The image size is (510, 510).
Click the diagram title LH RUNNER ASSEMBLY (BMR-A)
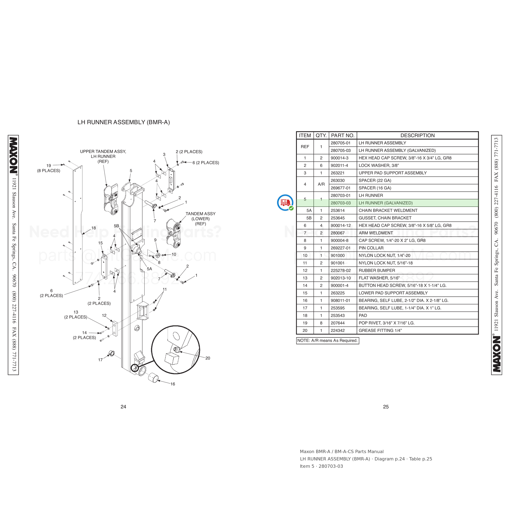click(124, 122)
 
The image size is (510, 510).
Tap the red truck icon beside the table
click(285, 202)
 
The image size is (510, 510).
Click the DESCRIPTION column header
click(417, 135)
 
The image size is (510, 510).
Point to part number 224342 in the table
click(338, 330)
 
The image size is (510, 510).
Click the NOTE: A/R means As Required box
click(328, 340)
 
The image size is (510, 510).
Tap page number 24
click(123, 407)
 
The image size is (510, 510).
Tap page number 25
click(386, 407)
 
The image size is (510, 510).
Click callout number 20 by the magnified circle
click(208, 358)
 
